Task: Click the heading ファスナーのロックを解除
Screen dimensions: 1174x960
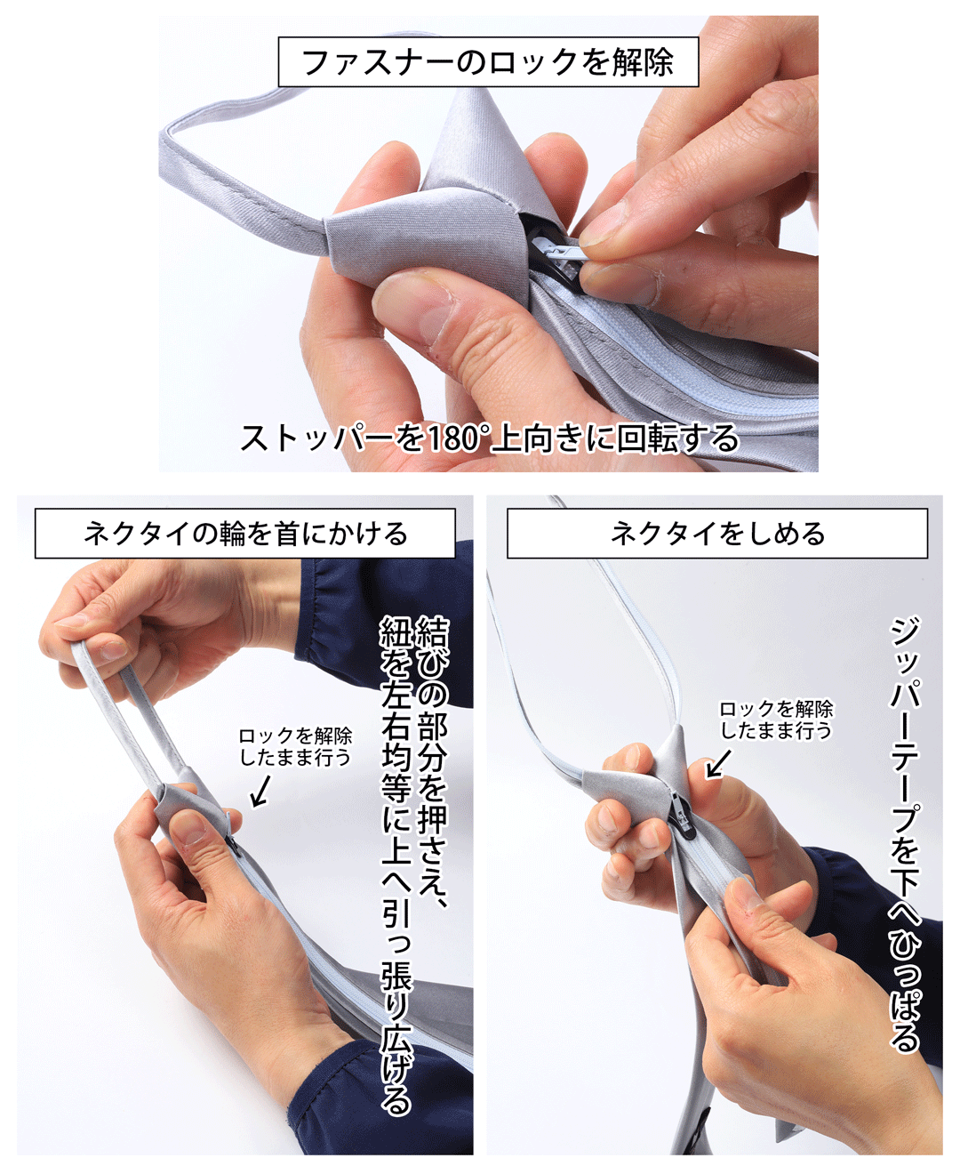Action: click(x=487, y=62)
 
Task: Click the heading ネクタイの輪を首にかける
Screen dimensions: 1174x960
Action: click(x=245, y=534)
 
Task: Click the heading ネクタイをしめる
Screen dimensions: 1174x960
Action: click(x=717, y=534)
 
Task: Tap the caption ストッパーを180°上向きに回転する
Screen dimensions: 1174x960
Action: click(x=489, y=438)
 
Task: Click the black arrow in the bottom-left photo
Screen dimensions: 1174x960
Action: click(x=260, y=792)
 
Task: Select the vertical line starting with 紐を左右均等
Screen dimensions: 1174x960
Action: click(x=396, y=863)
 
